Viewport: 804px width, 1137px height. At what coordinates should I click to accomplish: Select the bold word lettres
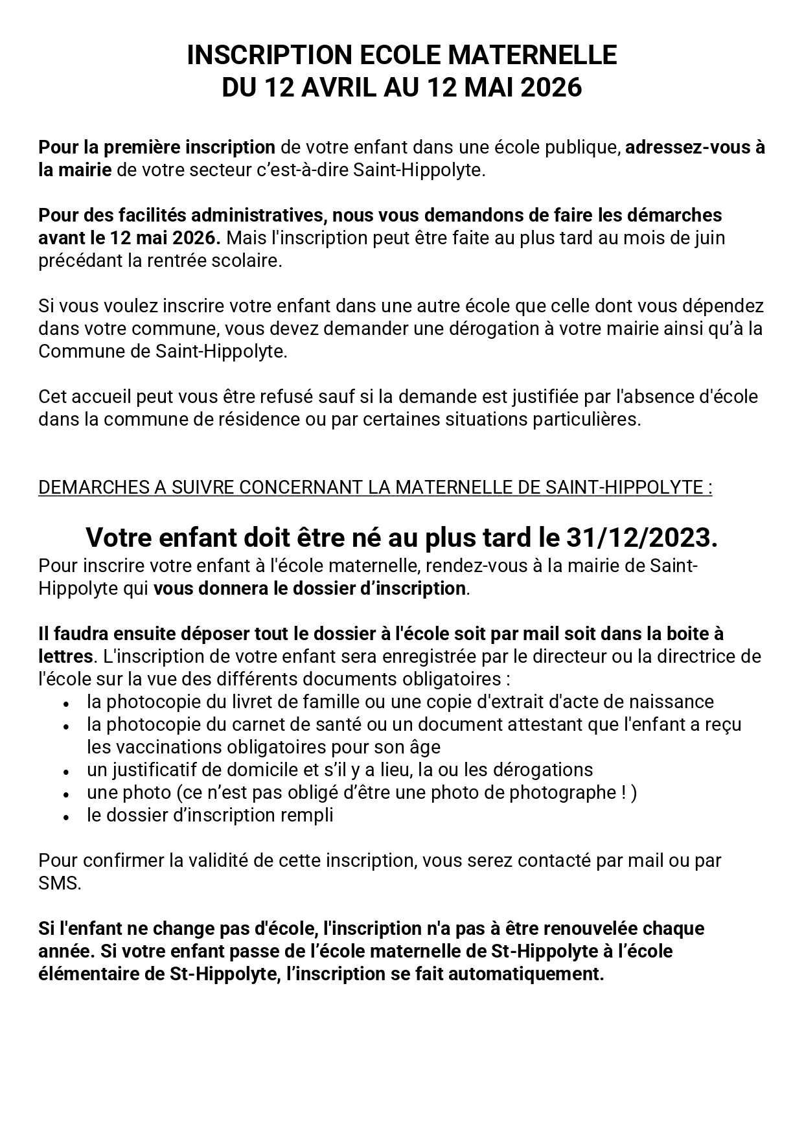65,656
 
